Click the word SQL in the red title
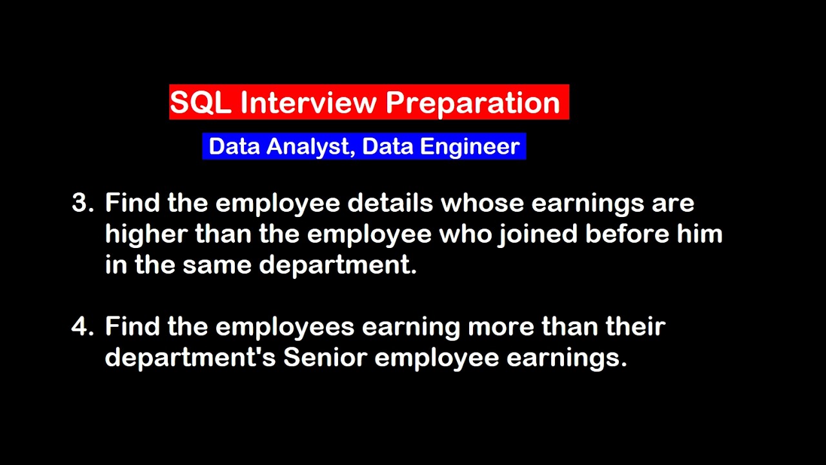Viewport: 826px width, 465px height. (200, 103)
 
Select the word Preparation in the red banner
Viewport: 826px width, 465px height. (472, 103)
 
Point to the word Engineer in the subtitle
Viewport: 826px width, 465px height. (470, 147)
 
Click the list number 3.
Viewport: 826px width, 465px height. (82, 203)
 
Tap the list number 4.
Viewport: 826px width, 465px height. (82, 326)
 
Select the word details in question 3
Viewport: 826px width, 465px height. (390, 203)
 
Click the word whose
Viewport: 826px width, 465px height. (481, 203)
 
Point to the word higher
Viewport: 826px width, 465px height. (146, 234)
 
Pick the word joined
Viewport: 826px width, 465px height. (538, 234)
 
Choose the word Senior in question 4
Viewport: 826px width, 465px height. (325, 357)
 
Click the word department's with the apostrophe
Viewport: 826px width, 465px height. (190, 357)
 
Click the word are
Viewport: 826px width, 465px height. (673, 203)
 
